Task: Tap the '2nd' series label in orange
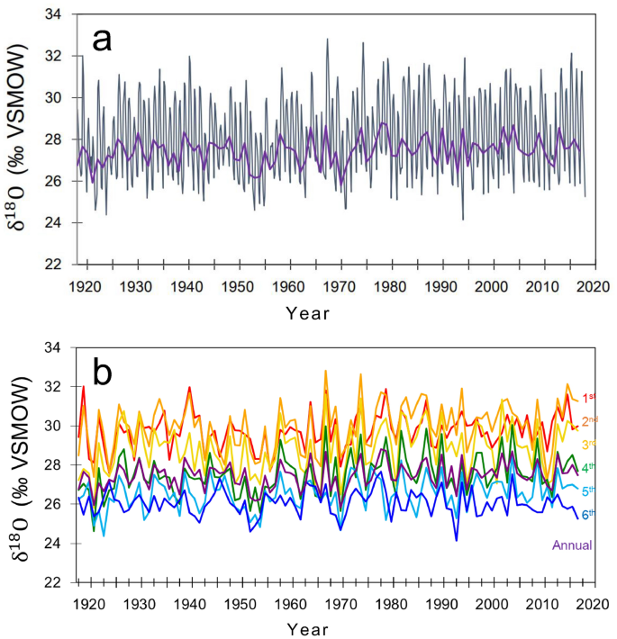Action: coord(589,420)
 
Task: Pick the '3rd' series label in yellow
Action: coord(589,444)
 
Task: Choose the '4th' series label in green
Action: coord(589,467)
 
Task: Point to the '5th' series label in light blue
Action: coord(589,490)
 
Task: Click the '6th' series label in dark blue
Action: coord(589,514)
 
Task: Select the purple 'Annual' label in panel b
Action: coord(568,544)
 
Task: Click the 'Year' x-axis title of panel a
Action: coord(308,313)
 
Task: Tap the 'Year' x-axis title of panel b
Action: coord(308,627)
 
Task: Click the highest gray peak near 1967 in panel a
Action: coord(327,39)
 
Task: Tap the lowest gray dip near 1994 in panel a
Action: coord(463,219)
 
